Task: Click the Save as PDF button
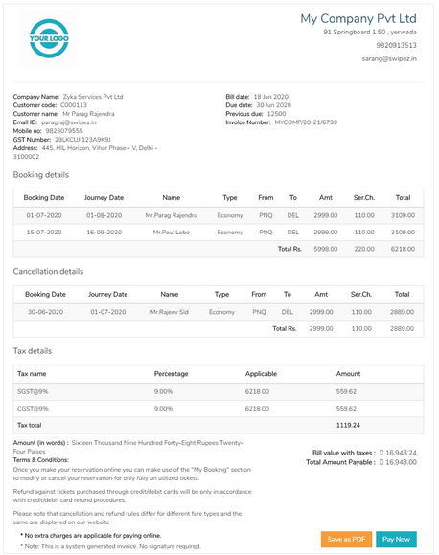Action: coord(346,539)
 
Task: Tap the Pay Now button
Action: coord(396,539)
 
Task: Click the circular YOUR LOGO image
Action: coord(50,38)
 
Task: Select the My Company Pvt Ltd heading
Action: coord(358,18)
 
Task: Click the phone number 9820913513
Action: coord(396,45)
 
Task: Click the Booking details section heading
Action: coord(40,175)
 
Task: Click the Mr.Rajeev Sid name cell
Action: coord(170,312)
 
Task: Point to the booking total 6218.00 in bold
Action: coord(403,249)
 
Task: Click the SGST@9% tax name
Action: coord(34,391)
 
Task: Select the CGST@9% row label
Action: coord(34,408)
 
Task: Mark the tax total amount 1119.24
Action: coord(347,425)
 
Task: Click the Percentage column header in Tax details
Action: coord(171,374)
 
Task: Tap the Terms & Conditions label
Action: coord(40,459)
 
